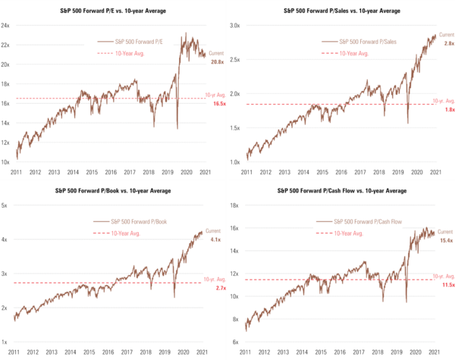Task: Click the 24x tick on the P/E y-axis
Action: click(x=5, y=25)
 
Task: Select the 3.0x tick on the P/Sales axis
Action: click(x=235, y=25)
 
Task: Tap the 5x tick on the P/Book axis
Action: click(x=5, y=205)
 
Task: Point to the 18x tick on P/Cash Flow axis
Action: click(x=235, y=205)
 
